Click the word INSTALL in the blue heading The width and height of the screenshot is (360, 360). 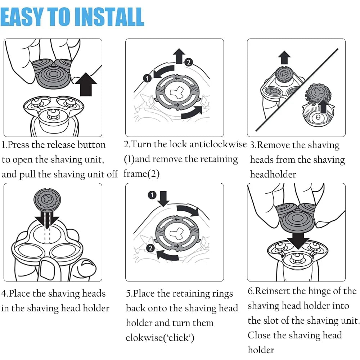click(x=109, y=17)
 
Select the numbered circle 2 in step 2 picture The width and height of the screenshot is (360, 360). click(x=189, y=62)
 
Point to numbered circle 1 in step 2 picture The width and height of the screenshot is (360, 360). click(x=147, y=78)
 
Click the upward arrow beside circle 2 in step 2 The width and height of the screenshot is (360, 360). click(x=179, y=56)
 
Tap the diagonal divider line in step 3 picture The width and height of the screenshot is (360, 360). click(x=297, y=90)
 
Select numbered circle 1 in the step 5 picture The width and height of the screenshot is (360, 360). click(x=152, y=195)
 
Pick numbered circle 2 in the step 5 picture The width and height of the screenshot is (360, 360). click(x=150, y=248)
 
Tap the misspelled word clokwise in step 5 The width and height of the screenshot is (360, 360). click(x=144, y=338)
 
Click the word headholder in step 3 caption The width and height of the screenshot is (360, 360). click(x=273, y=175)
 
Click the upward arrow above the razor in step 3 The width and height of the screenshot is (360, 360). click(x=284, y=57)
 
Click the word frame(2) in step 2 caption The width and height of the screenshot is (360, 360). click(x=141, y=174)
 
